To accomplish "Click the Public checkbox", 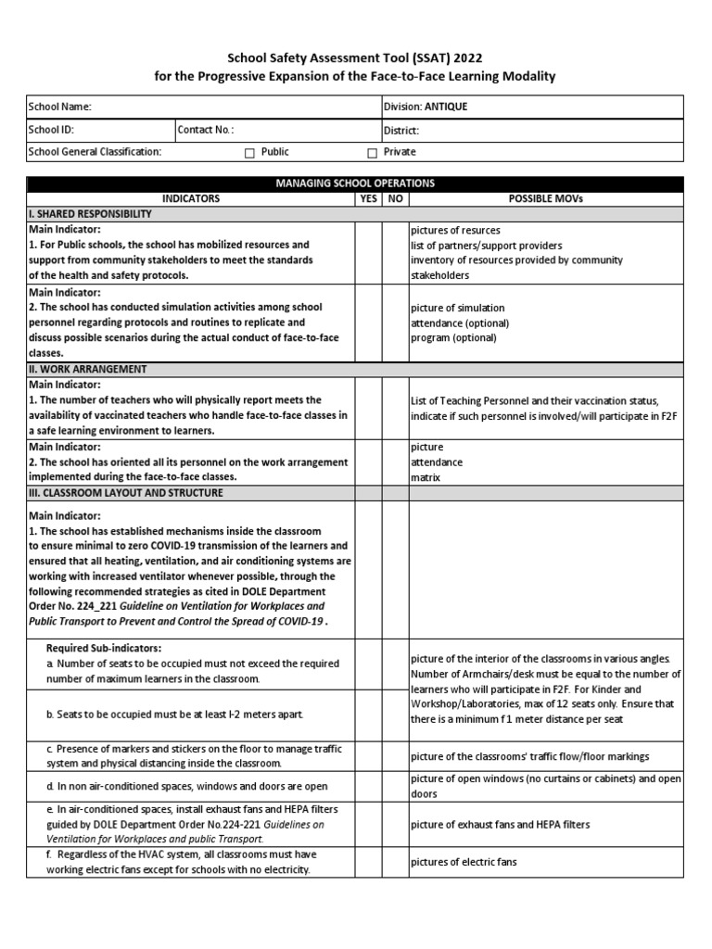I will click(x=249, y=153).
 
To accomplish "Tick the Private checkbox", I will click(x=372, y=153).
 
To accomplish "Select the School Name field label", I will click(x=60, y=108).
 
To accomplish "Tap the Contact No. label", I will click(x=206, y=131).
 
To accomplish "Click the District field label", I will click(x=401, y=131).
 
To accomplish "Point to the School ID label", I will click(x=51, y=131).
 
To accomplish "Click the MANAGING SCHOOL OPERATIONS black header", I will click(x=355, y=183).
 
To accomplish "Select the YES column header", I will click(x=368, y=198).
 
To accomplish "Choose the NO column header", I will click(x=395, y=198).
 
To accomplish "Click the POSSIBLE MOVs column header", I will click(x=546, y=198).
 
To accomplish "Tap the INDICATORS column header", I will click(x=191, y=198).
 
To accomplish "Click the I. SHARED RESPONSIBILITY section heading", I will click(x=90, y=214).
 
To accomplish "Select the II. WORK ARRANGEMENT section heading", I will click(x=87, y=369).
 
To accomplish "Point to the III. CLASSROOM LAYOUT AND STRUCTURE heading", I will click(x=125, y=493).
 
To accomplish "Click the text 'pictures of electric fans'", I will click(x=464, y=862).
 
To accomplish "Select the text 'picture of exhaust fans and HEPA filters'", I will click(x=500, y=824).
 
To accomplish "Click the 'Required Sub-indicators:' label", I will click(x=103, y=648).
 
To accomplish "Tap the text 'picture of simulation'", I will click(x=458, y=308).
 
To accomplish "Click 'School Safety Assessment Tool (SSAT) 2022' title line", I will click(x=355, y=57).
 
